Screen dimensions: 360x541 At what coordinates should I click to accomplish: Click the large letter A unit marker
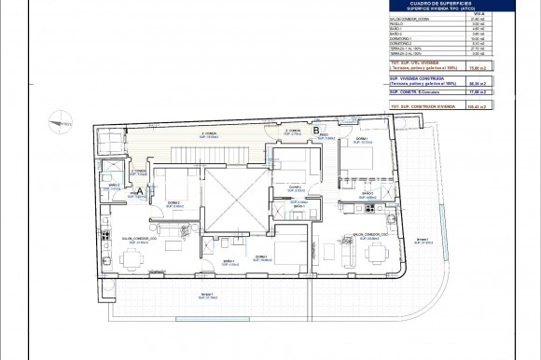tap(138, 191)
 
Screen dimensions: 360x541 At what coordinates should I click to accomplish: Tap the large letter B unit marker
tap(317, 132)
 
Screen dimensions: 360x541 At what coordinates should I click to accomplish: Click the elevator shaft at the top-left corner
tap(110, 143)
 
